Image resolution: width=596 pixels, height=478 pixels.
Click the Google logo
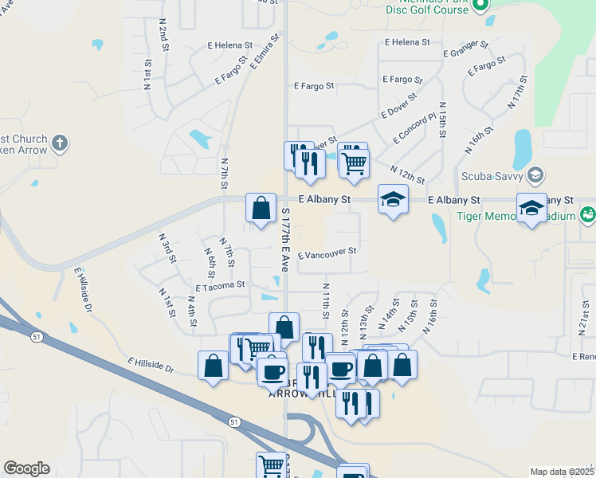tap(26, 468)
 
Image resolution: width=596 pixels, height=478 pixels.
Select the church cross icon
tap(59, 144)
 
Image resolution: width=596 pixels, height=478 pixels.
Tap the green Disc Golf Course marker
tap(480, 6)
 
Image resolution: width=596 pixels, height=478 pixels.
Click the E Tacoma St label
tap(220, 283)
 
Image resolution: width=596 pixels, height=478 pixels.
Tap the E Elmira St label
tap(265, 52)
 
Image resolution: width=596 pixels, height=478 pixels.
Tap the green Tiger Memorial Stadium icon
tap(587, 214)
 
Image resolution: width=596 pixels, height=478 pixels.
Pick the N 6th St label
tap(210, 259)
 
